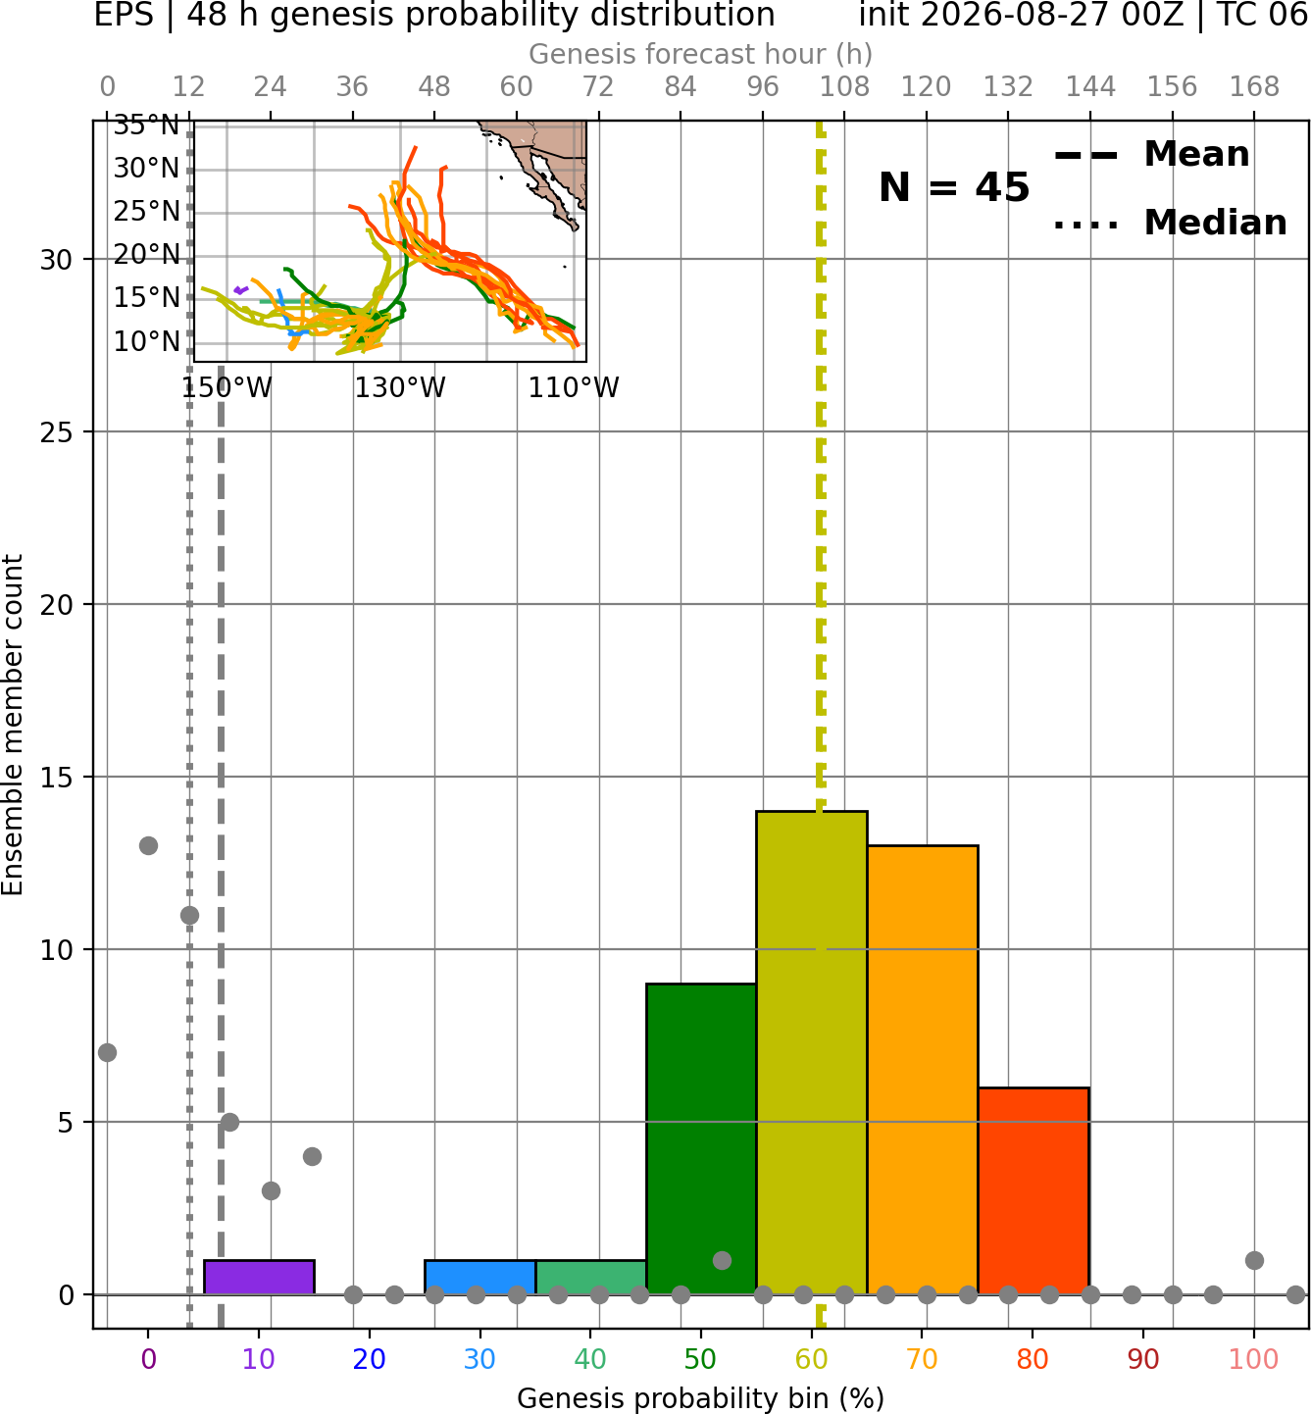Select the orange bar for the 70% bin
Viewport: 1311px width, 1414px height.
tap(923, 1070)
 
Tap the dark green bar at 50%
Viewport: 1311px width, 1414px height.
tap(701, 1138)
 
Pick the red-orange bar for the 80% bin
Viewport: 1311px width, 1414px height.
tap(1034, 1190)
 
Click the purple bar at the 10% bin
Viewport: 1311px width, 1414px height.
tap(259, 1278)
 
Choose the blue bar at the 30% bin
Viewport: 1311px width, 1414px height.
tap(479, 1278)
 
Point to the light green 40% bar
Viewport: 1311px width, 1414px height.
tap(591, 1278)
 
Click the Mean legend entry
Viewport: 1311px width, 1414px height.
tap(1151, 155)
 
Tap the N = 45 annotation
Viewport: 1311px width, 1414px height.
tap(954, 187)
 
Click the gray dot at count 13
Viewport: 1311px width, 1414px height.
tap(148, 846)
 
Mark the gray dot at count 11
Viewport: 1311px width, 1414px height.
tap(189, 915)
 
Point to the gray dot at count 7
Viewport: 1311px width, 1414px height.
tap(108, 1052)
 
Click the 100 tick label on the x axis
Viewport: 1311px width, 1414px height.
tap(1254, 1359)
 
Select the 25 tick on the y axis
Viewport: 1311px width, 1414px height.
tap(57, 432)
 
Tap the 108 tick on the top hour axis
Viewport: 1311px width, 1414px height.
tap(844, 87)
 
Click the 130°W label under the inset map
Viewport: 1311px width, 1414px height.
tap(400, 388)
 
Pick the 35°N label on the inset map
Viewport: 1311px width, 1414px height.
tap(147, 126)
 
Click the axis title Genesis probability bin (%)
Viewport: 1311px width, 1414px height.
tap(701, 1398)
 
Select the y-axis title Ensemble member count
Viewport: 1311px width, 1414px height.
tap(13, 725)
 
